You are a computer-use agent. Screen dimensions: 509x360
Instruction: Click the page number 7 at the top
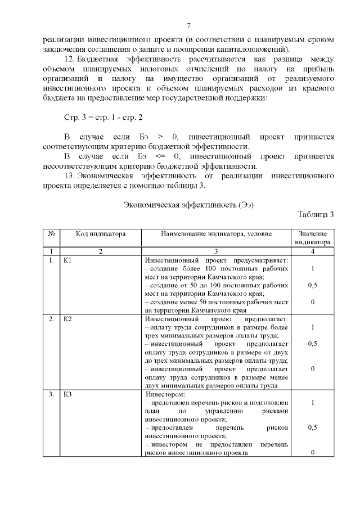tap(189, 26)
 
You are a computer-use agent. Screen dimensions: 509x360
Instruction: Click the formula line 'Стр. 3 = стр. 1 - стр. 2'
tap(100, 119)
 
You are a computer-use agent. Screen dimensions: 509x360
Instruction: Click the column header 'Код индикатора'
tap(101, 233)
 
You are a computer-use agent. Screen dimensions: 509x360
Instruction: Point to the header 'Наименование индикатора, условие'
tap(216, 233)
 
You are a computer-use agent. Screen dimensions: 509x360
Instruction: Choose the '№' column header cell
tap(51, 233)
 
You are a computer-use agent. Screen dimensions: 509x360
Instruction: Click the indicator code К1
tap(68, 261)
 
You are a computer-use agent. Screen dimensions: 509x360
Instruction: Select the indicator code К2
tap(68, 319)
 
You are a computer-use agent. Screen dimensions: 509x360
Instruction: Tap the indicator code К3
tap(68, 394)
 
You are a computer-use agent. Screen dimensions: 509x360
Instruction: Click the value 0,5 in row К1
tap(312, 285)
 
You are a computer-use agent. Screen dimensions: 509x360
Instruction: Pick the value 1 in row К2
tap(312, 327)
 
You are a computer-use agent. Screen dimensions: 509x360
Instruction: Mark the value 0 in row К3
tap(312, 452)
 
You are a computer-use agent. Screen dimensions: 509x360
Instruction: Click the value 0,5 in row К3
tap(312, 427)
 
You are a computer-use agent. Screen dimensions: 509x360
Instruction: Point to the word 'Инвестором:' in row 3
tap(161, 394)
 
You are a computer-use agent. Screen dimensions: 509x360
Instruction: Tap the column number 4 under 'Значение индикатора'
tap(312, 251)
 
